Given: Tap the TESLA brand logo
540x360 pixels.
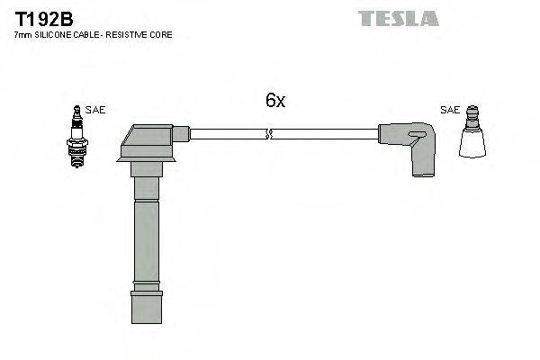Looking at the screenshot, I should [398, 17].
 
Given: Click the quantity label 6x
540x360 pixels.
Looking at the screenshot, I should [274, 101].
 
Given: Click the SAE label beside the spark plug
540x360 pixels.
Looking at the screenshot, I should [96, 110].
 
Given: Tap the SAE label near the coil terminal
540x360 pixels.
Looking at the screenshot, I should [449, 110].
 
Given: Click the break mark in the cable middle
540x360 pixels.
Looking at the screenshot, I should [267, 134].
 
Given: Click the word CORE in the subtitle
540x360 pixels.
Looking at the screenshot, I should [163, 34].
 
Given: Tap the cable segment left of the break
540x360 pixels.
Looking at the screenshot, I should [225, 134].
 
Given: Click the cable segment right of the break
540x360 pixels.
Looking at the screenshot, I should [324, 134].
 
